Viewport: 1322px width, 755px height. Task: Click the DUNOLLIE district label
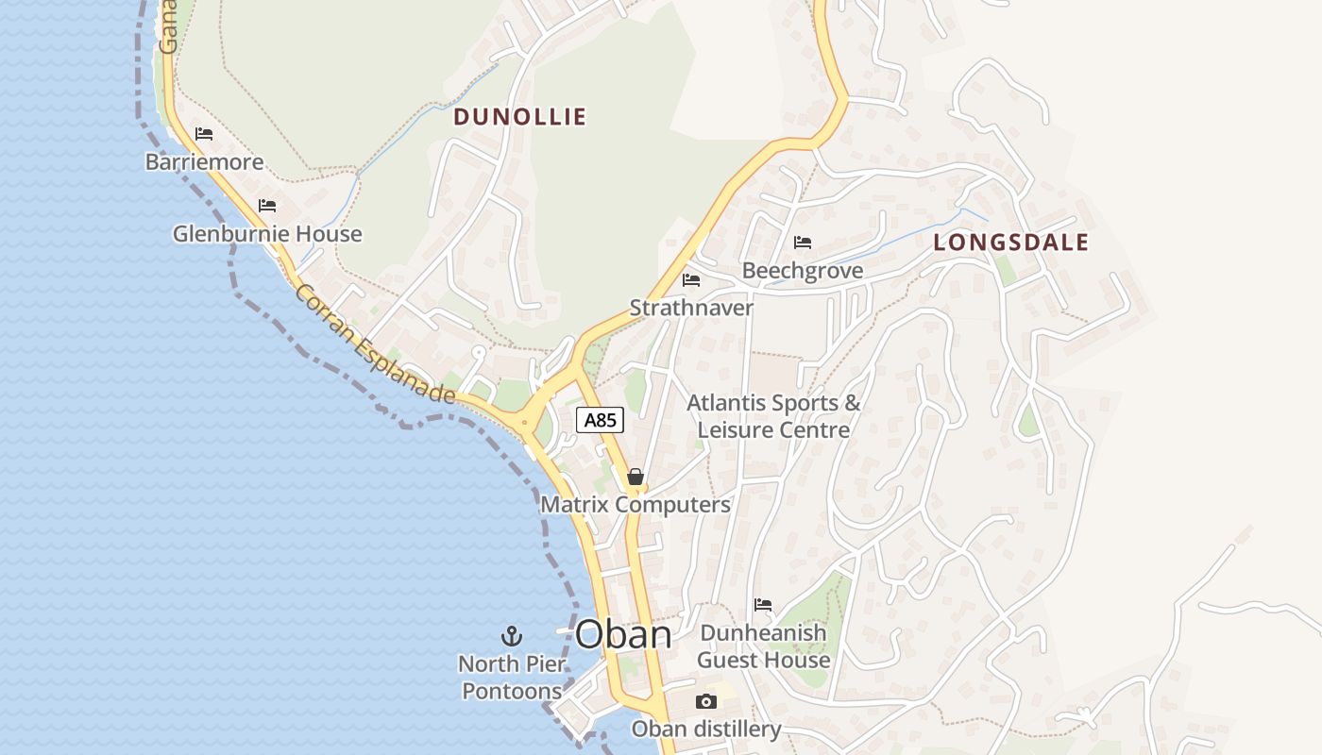coord(519,117)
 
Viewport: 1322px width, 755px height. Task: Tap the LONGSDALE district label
coord(1010,243)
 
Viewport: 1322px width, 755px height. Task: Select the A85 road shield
coord(600,420)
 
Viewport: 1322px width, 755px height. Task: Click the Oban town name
coord(623,634)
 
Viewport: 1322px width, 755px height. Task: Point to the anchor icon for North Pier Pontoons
coord(511,635)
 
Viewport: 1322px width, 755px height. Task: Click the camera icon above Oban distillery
coord(705,701)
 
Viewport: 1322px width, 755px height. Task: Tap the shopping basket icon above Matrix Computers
coord(636,477)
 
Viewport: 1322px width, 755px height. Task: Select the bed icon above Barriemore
coord(204,133)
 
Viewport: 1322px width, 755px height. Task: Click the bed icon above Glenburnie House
coord(267,205)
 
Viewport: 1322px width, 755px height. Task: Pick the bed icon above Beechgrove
coord(803,243)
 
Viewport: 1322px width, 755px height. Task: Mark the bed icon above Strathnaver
coord(691,279)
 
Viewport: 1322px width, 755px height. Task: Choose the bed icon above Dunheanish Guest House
coord(763,604)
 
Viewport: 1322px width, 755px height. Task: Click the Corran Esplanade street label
coord(375,344)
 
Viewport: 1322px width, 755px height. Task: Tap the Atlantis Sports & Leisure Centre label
coord(773,416)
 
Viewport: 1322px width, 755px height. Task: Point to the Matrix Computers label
coord(635,505)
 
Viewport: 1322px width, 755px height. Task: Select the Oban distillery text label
coord(705,729)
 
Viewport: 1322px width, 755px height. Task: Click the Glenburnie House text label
coord(266,233)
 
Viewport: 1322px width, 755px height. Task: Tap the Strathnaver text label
coord(691,308)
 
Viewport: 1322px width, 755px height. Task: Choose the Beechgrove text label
coord(802,271)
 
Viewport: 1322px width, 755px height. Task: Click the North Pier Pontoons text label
coord(511,678)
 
